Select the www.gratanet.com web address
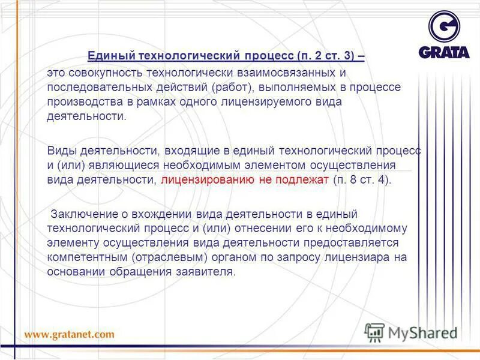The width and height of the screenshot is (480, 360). point(69,334)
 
